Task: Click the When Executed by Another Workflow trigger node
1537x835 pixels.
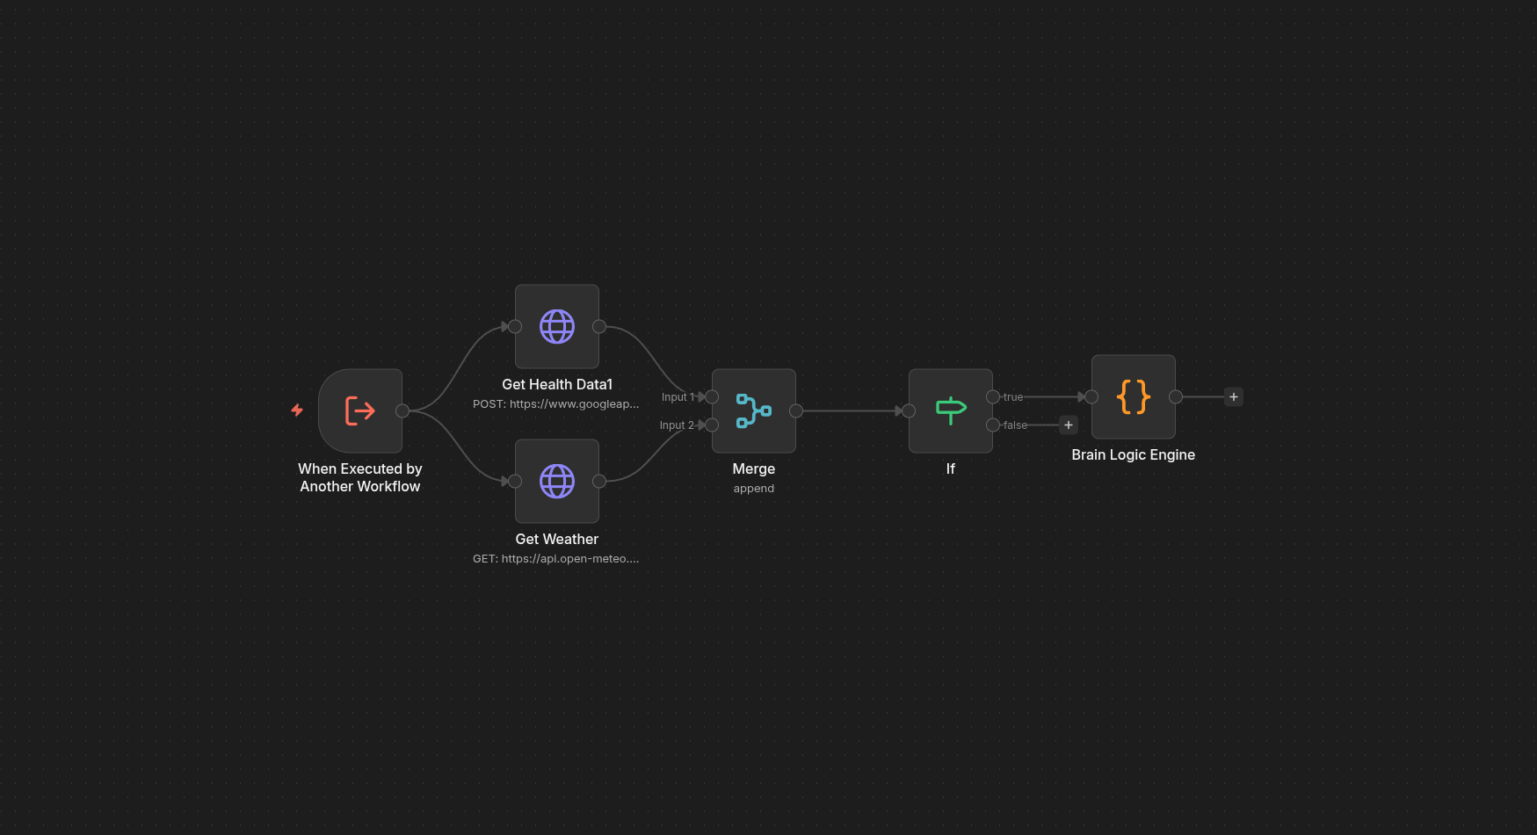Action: (360, 410)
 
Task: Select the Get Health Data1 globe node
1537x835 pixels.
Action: (557, 326)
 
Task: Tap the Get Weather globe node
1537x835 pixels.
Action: (557, 481)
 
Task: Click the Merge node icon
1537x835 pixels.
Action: (754, 410)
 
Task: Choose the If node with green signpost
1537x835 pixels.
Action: (951, 410)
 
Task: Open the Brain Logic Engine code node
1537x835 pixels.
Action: (1134, 396)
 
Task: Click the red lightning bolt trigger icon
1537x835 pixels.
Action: (297, 410)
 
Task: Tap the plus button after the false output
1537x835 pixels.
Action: (1069, 425)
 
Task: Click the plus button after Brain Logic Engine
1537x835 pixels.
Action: (1234, 396)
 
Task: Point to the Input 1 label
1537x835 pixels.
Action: (678, 397)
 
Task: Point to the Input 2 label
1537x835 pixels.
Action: (677, 425)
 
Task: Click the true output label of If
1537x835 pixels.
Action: (1013, 397)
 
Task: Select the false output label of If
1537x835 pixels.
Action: (1015, 425)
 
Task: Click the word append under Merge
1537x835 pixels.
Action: (754, 489)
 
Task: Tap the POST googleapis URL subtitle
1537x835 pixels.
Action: (556, 404)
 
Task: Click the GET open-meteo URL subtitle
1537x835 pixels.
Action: (556, 559)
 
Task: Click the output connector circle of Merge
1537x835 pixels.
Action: (796, 410)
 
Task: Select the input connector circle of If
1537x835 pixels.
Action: (909, 410)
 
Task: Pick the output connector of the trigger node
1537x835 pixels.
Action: (402, 410)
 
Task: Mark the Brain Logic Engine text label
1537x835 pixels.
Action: (1134, 454)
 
